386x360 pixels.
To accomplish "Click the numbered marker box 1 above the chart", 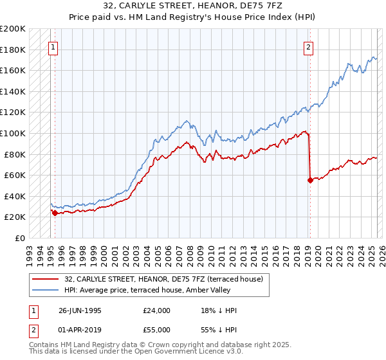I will [52, 47].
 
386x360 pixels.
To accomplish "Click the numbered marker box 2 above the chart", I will [309, 47].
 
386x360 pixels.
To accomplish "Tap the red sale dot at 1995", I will [55, 213].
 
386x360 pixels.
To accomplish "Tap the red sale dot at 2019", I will [310, 180].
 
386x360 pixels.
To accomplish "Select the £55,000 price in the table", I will [157, 329].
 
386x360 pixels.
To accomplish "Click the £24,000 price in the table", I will [157, 310].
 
